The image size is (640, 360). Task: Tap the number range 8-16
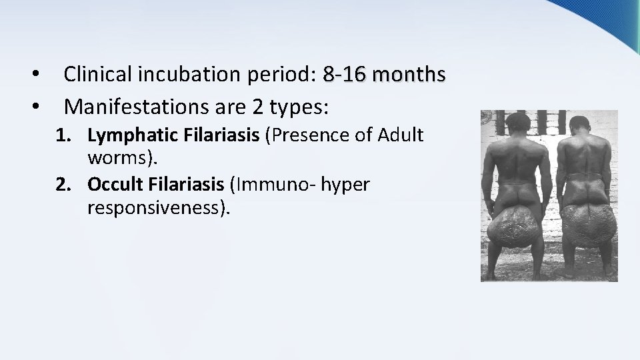(x=344, y=75)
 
